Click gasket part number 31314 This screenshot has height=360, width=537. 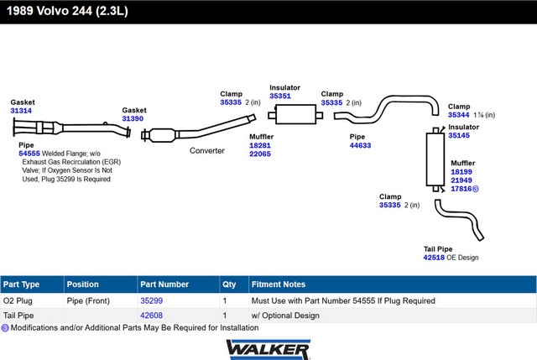pyautogui.click(x=21, y=111)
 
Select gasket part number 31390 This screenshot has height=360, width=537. pyautogui.click(x=133, y=118)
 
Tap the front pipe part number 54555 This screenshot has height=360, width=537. pyautogui.click(x=29, y=154)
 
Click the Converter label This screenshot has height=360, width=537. pyautogui.click(x=207, y=151)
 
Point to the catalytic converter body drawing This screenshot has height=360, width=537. pyautogui.click(x=161, y=135)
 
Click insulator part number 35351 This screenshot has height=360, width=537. pyautogui.click(x=280, y=96)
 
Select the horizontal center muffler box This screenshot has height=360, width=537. pyautogui.click(x=295, y=114)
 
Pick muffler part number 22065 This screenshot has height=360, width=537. pyautogui.click(x=260, y=154)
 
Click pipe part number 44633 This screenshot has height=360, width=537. pyautogui.click(x=360, y=145)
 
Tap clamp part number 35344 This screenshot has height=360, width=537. pyautogui.click(x=459, y=115)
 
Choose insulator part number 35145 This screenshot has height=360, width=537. pyautogui.click(x=459, y=135)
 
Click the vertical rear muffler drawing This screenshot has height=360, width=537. pyautogui.click(x=435, y=159)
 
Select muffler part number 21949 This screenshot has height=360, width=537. pyautogui.click(x=461, y=180)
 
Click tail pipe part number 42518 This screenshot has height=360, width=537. pyautogui.click(x=434, y=258)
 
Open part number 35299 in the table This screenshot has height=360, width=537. pyautogui.click(x=151, y=300)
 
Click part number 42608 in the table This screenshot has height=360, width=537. pyautogui.click(x=151, y=316)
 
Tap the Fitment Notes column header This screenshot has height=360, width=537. pyautogui.click(x=279, y=284)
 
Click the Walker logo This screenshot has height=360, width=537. pyautogui.click(x=268, y=349)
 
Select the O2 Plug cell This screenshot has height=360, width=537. pyautogui.click(x=18, y=300)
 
